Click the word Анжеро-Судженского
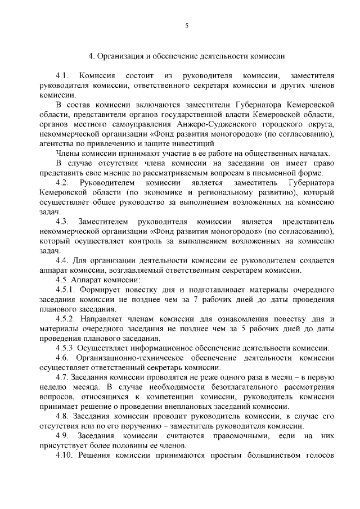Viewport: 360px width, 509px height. [210, 125]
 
